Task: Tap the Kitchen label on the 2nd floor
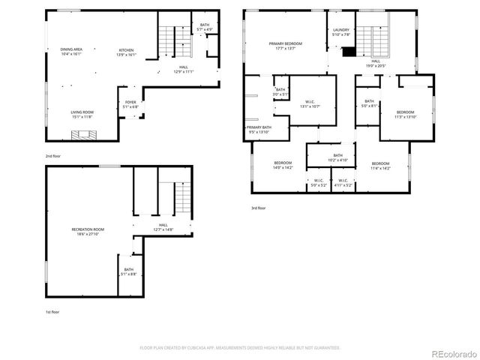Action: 126,52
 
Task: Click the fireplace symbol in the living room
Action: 82,135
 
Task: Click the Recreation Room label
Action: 88,230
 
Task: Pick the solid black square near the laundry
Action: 349,52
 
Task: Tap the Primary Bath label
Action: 256,129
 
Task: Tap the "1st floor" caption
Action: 53,310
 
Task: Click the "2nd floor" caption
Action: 53,155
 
